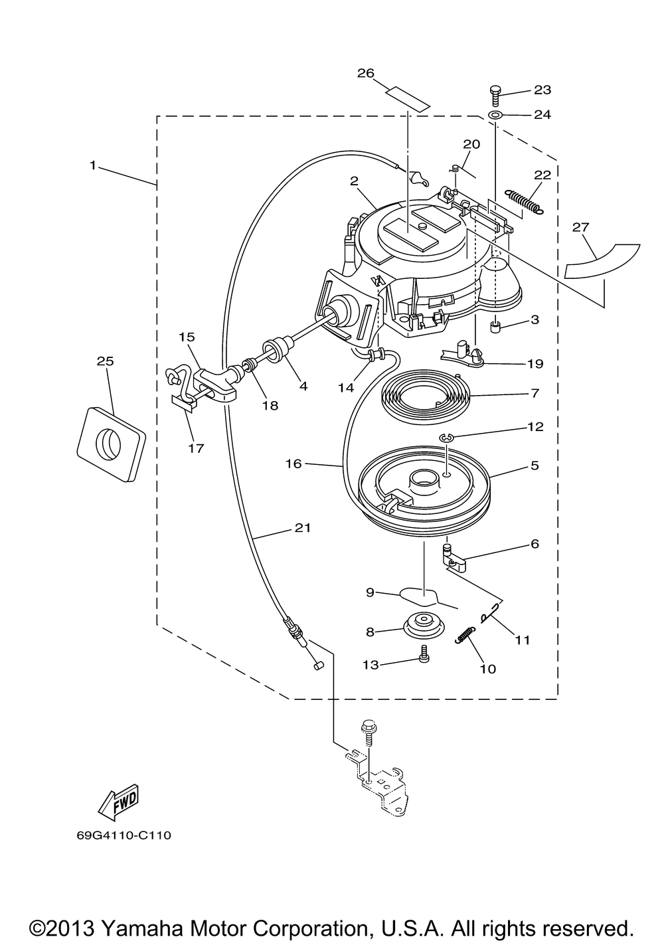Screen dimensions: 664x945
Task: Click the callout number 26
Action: coord(365,74)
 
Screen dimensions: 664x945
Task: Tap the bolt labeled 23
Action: coord(495,97)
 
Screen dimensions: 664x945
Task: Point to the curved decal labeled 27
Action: coord(602,261)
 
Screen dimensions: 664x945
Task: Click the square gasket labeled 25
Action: coord(111,444)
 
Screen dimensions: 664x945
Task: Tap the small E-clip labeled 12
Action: coord(446,438)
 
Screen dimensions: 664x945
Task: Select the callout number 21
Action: coord(303,528)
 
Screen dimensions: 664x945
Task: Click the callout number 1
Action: coord(93,165)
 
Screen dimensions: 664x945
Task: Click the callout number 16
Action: coord(293,464)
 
